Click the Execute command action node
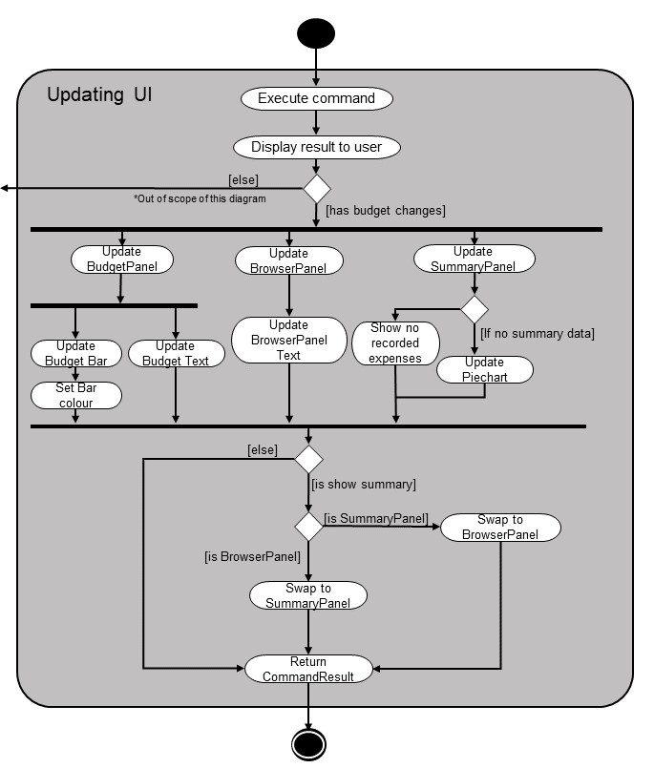point(317,98)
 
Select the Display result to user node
point(317,147)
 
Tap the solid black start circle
point(316,33)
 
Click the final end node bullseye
point(308,744)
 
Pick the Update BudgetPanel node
point(122,259)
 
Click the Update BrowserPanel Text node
point(288,340)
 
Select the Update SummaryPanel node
point(475,259)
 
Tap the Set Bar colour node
point(76,395)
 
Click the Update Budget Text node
point(176,353)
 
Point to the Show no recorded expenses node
point(395,342)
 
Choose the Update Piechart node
point(485,369)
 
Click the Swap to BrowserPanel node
point(500,527)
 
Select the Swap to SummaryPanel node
point(308,595)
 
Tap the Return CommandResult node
point(308,669)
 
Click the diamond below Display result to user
point(317,189)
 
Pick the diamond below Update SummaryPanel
point(475,309)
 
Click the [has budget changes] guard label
point(386,211)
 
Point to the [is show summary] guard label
point(364,485)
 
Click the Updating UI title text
point(99,94)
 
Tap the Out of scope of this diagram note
point(200,198)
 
